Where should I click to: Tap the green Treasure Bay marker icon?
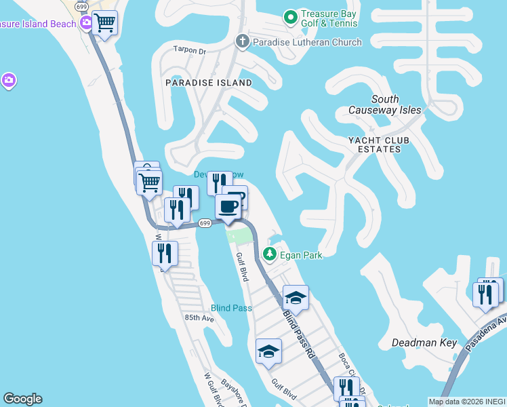click(291, 16)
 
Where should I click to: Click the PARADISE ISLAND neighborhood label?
click(208, 83)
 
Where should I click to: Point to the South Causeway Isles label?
click(385, 104)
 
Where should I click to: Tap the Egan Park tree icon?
click(270, 254)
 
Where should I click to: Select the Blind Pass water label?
click(231, 308)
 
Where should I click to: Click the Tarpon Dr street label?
click(189, 50)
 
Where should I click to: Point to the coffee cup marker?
click(228, 206)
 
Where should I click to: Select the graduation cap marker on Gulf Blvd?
click(268, 351)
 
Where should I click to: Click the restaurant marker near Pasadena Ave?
click(485, 294)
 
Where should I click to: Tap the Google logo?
click(22, 399)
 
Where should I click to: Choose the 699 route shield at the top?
click(83, 6)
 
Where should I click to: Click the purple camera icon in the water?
click(8, 81)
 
